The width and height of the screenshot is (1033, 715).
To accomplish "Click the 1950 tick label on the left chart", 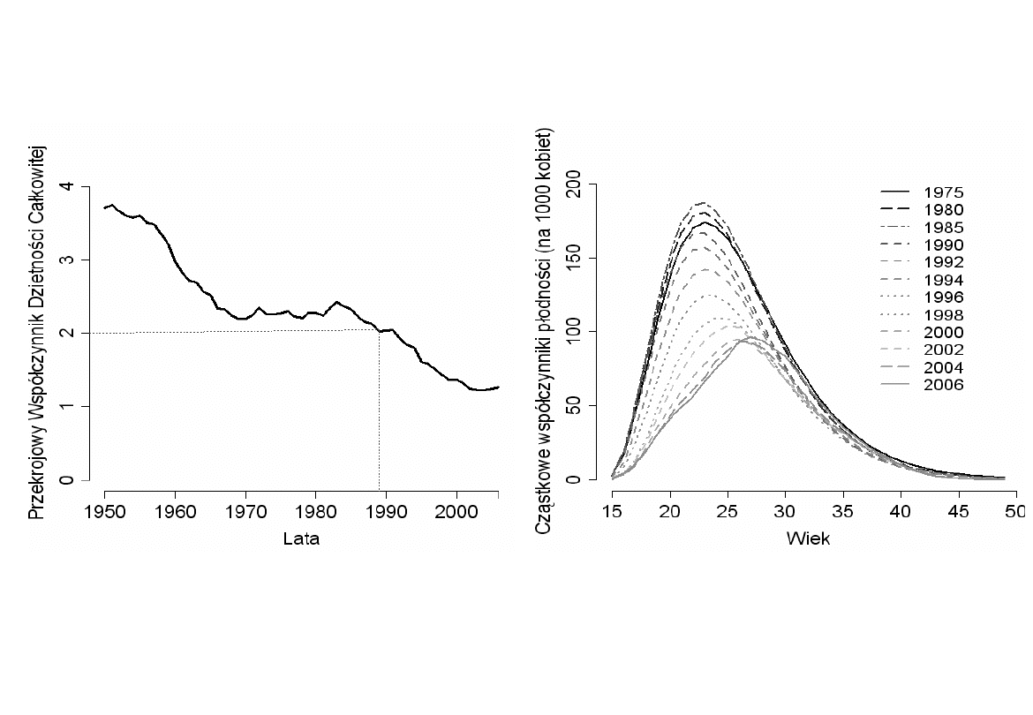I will pos(105,511).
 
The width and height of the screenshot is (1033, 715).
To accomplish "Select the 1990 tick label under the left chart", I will pos(386,511).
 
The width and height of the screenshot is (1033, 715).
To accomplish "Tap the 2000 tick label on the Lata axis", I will pos(456,511).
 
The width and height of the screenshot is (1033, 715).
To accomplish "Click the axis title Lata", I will pos(301,538).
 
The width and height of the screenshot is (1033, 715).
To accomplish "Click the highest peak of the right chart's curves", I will pos(703,203).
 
